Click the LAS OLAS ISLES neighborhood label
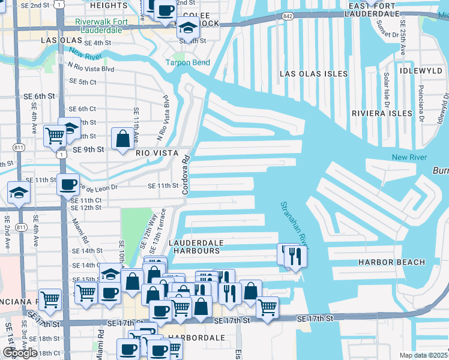[x=313, y=74]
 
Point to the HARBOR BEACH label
[x=391, y=262]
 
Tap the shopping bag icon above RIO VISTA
[x=122, y=139]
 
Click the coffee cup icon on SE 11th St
[x=68, y=184]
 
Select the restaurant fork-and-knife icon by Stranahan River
[x=294, y=256]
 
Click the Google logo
[x=20, y=353]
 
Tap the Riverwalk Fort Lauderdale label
[x=98, y=25]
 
